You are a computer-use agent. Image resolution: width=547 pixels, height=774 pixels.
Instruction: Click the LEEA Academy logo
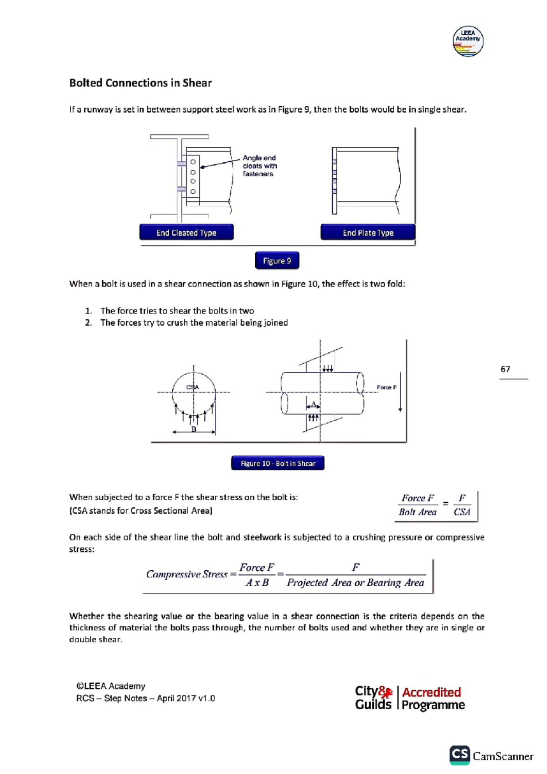(468, 41)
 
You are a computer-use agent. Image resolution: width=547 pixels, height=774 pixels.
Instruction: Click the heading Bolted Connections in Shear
(140, 83)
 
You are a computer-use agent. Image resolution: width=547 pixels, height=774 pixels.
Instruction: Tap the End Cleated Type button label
(186, 232)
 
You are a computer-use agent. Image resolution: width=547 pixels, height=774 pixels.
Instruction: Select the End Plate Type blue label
(368, 232)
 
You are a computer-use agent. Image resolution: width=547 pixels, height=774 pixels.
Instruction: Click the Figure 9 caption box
(277, 261)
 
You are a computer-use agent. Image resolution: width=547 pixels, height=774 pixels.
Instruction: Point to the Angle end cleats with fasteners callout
(259, 166)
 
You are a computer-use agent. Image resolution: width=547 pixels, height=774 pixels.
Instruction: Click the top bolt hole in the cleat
(193, 162)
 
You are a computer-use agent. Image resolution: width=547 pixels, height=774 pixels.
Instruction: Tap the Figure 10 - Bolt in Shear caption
(278, 463)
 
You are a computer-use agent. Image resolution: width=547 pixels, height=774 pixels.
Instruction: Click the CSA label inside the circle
(192, 387)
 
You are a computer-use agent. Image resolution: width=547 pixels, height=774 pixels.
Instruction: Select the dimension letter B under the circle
(194, 429)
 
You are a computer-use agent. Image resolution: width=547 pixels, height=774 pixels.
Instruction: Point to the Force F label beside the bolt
(387, 387)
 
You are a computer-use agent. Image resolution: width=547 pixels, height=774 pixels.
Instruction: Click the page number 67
(505, 369)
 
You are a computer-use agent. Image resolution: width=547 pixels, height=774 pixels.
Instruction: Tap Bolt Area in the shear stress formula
(417, 512)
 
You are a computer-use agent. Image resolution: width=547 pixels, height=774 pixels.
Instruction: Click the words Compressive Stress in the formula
(186, 574)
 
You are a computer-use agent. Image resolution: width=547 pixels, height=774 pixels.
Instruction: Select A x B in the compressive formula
(257, 583)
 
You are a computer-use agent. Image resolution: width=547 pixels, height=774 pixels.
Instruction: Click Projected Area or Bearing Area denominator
(355, 583)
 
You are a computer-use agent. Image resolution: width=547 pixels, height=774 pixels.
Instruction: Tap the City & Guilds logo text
(373, 698)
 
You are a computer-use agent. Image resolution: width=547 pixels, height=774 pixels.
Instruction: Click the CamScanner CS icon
(459, 755)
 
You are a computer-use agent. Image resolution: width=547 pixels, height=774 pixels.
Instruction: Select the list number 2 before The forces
(88, 323)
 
